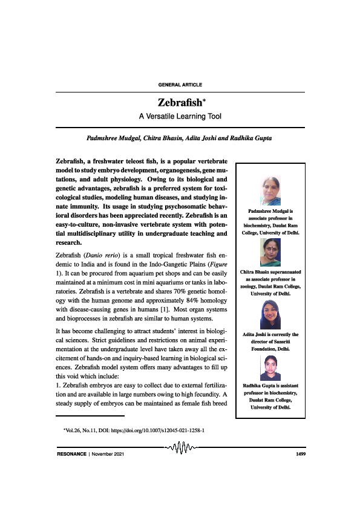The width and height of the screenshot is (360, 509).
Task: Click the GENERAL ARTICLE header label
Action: click(x=180, y=84)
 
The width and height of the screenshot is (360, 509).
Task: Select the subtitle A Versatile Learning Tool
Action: click(x=180, y=114)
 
